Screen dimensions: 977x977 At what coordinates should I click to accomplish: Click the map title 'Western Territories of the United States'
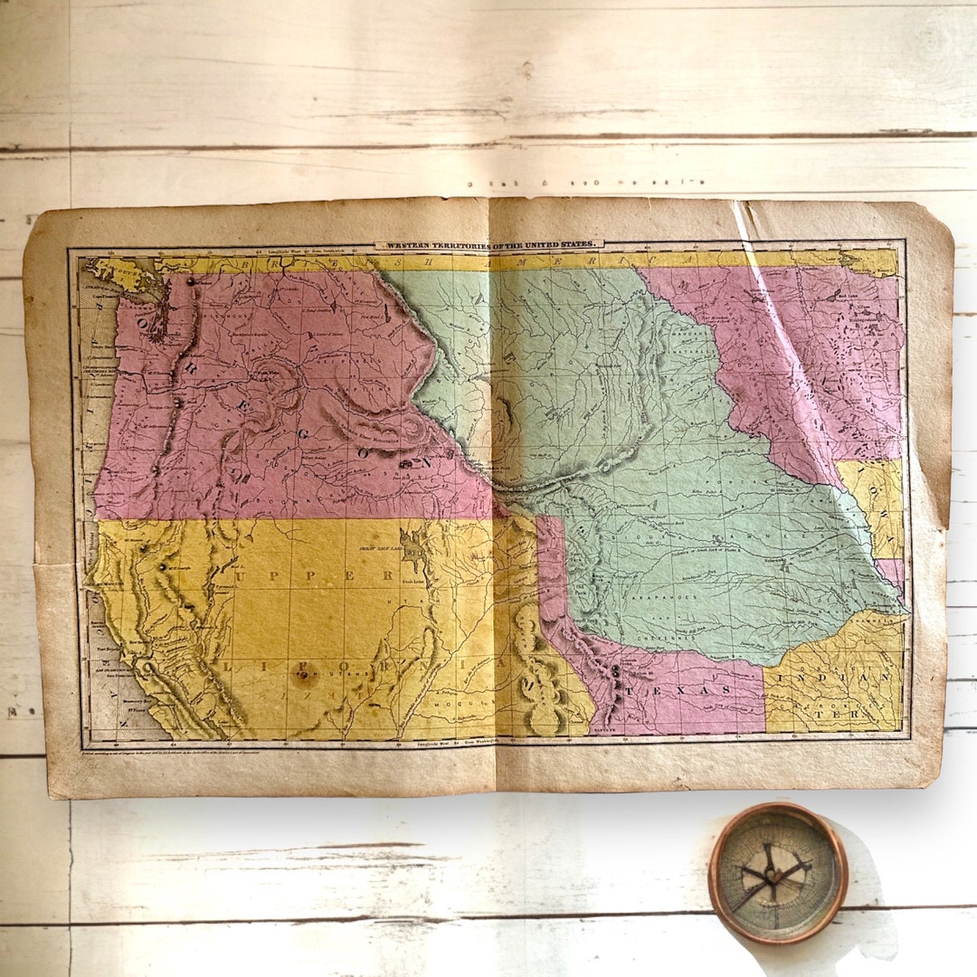(x=488, y=244)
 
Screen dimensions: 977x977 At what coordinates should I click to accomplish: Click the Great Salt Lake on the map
(x=413, y=547)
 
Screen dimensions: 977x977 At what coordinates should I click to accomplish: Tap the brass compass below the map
(x=778, y=872)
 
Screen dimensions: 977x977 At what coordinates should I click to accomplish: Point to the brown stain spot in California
(x=305, y=678)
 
